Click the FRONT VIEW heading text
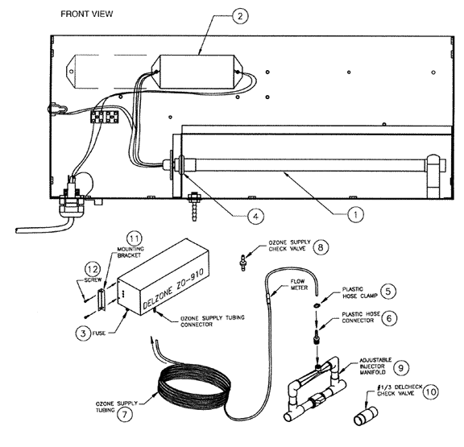tap(86, 14)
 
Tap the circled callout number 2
tap(240, 15)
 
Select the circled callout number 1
tap(355, 214)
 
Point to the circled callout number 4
tap(255, 217)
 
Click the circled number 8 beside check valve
tap(320, 246)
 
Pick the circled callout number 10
tap(430, 392)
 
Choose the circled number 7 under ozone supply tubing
tap(125, 414)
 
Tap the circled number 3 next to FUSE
tap(83, 333)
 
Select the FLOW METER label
tap(299, 284)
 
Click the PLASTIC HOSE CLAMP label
tap(360, 292)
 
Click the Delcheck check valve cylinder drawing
tap(366, 416)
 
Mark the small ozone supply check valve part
tap(243, 262)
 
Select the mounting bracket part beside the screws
tap(101, 300)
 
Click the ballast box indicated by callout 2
tap(197, 72)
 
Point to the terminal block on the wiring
tap(104, 117)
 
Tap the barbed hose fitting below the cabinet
tap(194, 207)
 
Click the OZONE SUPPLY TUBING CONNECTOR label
tap(213, 321)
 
